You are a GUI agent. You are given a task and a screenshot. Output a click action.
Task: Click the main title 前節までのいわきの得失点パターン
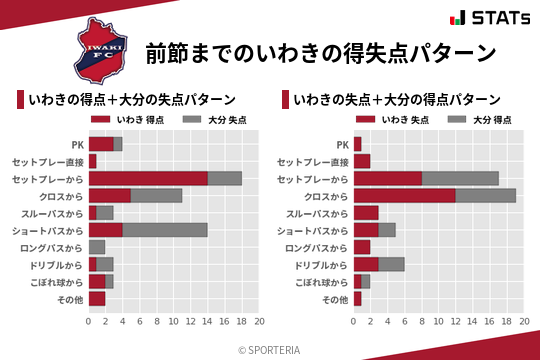[x=320, y=52]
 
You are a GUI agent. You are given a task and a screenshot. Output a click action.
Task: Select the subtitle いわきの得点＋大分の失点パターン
[x=132, y=99]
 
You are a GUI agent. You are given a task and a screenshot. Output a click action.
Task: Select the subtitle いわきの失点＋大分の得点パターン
[x=397, y=99]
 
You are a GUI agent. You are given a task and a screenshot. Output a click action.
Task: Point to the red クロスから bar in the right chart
[x=404, y=195]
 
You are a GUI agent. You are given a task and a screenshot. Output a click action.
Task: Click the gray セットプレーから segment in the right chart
[x=460, y=178]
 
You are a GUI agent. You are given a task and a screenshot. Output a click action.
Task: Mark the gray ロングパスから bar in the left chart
[x=97, y=247]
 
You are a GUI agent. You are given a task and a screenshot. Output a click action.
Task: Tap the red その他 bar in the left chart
[x=97, y=298]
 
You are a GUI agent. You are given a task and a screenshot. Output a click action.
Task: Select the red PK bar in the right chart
[x=357, y=144]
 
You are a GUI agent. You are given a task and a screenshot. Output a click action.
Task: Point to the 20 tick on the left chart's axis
[x=259, y=322]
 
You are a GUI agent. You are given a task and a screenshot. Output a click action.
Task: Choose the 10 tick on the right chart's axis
[x=438, y=322]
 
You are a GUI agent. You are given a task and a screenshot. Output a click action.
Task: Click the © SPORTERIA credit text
[x=270, y=349]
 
